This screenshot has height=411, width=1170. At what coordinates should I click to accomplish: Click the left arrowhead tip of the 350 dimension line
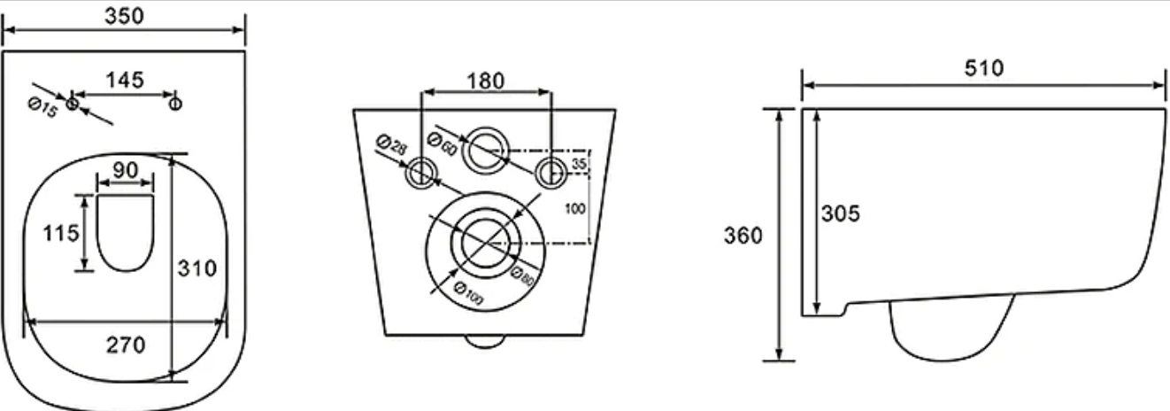click(4, 30)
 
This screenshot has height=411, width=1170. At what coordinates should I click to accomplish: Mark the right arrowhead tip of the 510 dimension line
click(1165, 85)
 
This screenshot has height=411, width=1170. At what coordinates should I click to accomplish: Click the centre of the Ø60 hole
click(486, 150)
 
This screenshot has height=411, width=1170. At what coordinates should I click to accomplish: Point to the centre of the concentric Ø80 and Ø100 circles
click(486, 244)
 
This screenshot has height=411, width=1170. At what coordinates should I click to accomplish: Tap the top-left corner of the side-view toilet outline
click(803, 109)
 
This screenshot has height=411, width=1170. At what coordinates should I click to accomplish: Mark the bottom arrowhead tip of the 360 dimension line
click(780, 361)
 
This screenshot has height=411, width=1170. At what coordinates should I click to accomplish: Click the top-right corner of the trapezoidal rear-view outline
click(616, 109)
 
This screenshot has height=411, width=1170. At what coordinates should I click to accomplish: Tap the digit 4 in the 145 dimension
click(125, 80)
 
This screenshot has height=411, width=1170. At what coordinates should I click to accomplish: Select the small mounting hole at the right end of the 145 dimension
click(175, 104)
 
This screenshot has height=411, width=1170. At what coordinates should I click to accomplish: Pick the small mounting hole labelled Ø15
click(72, 104)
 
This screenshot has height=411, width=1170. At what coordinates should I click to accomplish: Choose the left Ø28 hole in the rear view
click(420, 173)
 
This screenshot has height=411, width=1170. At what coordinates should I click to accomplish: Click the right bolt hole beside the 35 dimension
click(550, 173)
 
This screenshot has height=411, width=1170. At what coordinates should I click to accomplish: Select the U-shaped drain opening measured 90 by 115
click(126, 233)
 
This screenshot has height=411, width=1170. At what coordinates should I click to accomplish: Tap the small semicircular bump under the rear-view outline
click(485, 342)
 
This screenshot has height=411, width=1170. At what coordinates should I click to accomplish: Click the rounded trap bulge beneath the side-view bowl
click(951, 330)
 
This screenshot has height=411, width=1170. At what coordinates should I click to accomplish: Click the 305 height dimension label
click(841, 213)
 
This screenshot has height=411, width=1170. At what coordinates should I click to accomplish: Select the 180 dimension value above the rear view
click(486, 81)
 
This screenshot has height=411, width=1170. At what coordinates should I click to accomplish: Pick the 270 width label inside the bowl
click(126, 345)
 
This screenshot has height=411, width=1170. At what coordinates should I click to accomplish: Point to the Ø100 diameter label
click(468, 293)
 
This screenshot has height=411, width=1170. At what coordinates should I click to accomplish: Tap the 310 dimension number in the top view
click(196, 268)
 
